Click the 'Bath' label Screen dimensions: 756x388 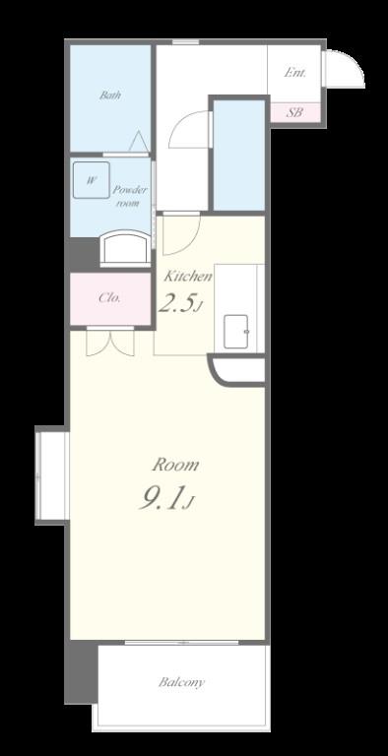(109, 95)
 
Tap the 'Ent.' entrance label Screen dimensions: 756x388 (293, 73)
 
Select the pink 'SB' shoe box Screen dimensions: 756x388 (294, 112)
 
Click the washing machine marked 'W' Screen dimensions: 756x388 (91, 180)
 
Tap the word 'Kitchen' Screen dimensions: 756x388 (187, 277)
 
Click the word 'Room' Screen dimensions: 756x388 (175, 464)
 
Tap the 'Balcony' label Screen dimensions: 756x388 (182, 681)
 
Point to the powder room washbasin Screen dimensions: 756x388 (123, 246)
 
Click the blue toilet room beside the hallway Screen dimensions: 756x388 (238, 155)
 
